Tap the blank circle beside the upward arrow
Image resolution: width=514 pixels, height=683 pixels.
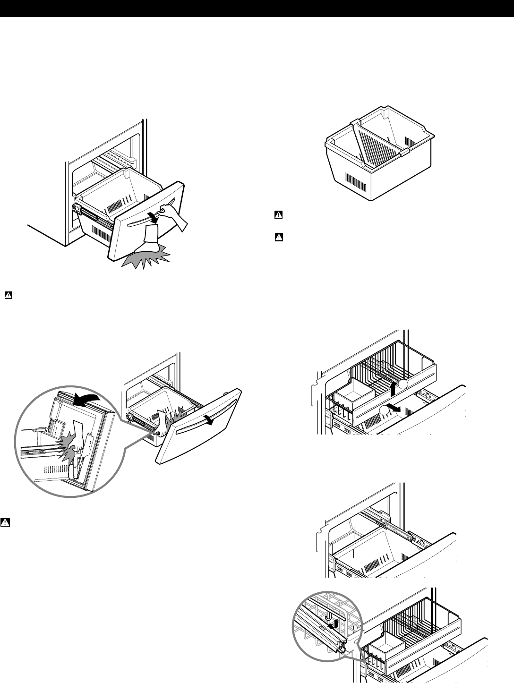[x=403, y=386]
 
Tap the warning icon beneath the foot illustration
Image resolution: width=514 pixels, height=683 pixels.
[x=8, y=295]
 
